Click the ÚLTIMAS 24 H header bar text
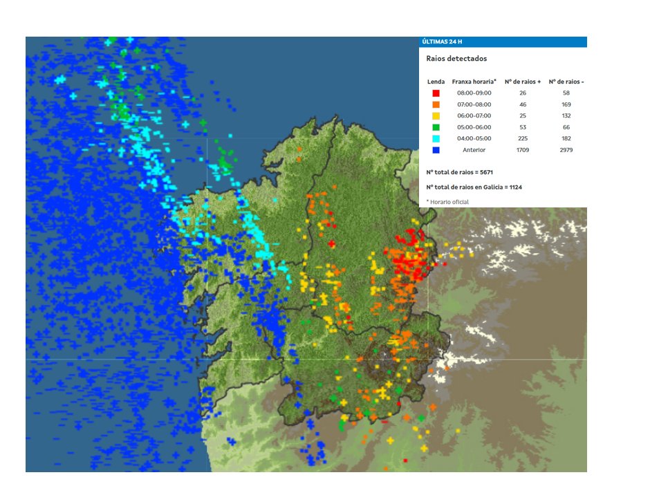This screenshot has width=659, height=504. (x=442, y=42)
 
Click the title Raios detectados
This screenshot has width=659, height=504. (x=456, y=59)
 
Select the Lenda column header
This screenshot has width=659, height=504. (x=436, y=82)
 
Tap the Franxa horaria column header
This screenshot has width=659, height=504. (x=474, y=82)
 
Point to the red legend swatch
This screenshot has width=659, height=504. (x=436, y=93)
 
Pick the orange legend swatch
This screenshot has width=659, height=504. (x=436, y=104)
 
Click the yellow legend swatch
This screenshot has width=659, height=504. (x=436, y=115)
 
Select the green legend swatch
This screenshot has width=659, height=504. (x=436, y=127)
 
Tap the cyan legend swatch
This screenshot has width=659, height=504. (x=436, y=138)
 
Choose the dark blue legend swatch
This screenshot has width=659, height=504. (x=436, y=150)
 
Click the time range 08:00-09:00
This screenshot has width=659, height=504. (x=474, y=93)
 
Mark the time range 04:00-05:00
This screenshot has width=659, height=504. (x=474, y=138)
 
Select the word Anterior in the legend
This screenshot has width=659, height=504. (x=474, y=150)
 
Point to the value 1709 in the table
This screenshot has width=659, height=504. (x=523, y=150)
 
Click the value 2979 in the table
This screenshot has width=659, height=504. (x=566, y=150)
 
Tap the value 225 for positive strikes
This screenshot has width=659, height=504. (x=523, y=138)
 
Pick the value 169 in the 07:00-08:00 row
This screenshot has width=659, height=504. (x=566, y=104)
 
